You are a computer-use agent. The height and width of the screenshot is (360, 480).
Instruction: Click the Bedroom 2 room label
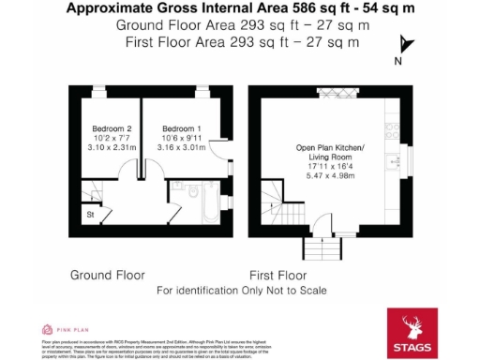click(110, 128)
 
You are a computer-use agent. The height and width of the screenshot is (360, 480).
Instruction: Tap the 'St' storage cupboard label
click(90, 215)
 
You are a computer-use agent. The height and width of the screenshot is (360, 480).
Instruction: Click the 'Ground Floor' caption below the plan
click(108, 276)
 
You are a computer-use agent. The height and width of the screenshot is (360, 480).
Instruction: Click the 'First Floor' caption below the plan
click(278, 276)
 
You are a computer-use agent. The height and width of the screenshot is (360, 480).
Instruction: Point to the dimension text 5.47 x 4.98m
click(330, 174)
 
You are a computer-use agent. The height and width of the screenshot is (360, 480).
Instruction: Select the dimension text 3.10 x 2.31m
click(110, 147)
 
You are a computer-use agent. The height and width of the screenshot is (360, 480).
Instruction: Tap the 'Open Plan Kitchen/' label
click(330, 147)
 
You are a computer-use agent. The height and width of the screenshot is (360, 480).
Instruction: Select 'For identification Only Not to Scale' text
click(241, 291)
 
